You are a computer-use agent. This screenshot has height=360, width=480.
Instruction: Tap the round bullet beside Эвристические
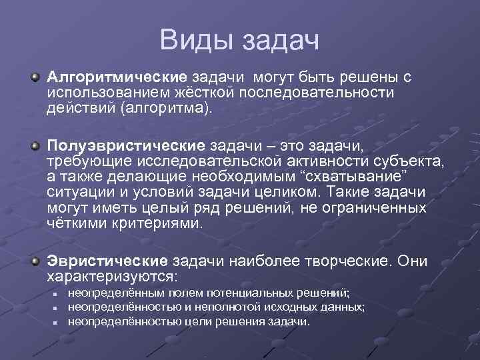(x=34, y=261)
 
